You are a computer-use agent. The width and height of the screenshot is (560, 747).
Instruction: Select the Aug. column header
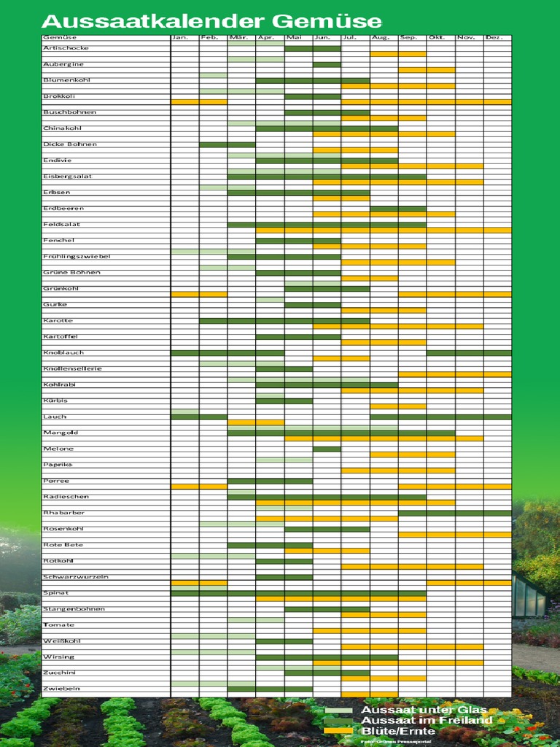380,37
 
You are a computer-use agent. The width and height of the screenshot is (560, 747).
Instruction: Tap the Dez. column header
494,37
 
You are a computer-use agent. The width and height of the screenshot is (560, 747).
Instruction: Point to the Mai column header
294,37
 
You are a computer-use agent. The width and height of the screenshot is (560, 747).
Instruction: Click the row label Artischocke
66,48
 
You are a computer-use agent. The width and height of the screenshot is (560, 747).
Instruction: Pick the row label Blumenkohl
66,80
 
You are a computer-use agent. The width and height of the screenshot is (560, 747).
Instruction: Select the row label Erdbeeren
63,209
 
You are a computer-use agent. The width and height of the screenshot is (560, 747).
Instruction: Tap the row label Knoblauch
63,353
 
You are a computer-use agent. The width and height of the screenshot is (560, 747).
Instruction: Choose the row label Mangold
60,433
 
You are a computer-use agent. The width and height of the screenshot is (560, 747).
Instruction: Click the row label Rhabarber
63,513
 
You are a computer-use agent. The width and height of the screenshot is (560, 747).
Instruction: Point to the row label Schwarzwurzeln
75,577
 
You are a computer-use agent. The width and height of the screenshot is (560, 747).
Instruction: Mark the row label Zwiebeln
61,689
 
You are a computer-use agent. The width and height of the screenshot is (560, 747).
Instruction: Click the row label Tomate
58,625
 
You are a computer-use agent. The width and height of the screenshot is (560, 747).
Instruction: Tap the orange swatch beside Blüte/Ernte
338,730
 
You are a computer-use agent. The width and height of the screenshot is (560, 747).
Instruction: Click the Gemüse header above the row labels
59,37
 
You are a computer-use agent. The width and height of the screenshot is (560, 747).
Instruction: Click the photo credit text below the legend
396,741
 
